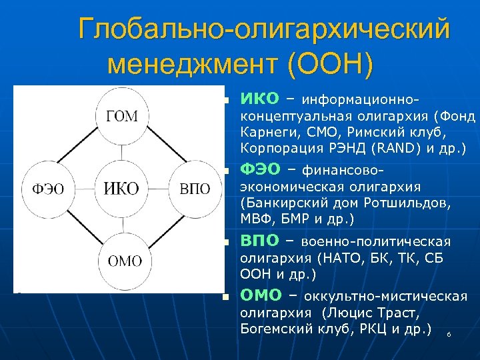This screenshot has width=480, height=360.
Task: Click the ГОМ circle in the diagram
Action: click(121, 117)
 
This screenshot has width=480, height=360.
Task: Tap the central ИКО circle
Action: click(121, 189)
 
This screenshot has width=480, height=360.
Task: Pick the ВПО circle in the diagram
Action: click(195, 189)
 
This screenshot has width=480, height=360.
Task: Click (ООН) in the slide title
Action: click(329, 64)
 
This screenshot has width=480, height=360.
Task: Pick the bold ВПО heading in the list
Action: click(260, 240)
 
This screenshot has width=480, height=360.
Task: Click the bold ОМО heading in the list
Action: click(262, 295)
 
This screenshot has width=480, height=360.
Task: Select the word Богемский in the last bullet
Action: click(270, 328)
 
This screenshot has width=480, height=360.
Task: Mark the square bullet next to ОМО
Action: click(225, 297)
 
